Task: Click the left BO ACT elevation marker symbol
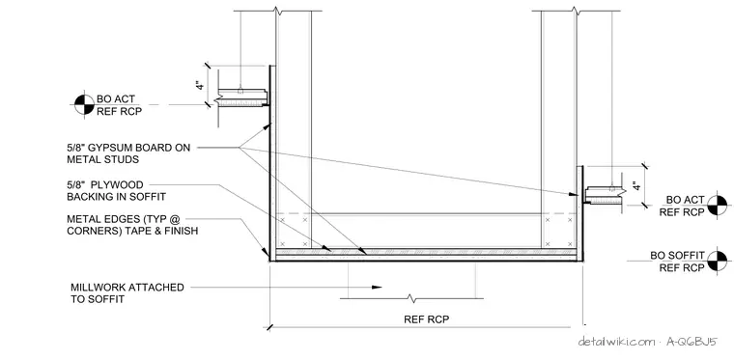pyautogui.click(x=85, y=105)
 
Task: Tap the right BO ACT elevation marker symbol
pyautogui.click(x=718, y=206)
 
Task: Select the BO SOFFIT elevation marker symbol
pyautogui.click(x=718, y=261)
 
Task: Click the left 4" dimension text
pyautogui.click(x=200, y=85)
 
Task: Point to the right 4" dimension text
pyautogui.click(x=635, y=185)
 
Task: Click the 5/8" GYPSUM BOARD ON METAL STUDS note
pyautogui.click(x=128, y=153)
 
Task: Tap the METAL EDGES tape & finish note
pyautogui.click(x=132, y=225)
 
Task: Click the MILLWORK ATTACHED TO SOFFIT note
pyautogui.click(x=127, y=292)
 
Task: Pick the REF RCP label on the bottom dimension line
pyautogui.click(x=427, y=319)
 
